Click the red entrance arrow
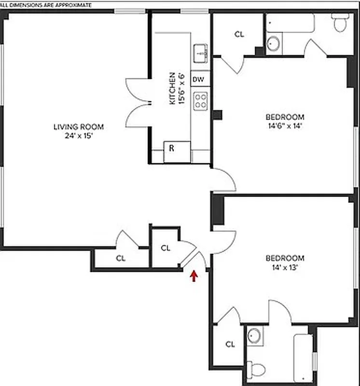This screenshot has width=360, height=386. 194,276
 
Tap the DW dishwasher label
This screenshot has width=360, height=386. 198,79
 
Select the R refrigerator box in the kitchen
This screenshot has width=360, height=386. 171,148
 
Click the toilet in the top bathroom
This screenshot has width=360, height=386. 341,22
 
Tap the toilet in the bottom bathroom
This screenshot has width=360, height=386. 256,370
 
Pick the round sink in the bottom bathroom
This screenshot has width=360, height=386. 254,334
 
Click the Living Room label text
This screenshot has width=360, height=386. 78,127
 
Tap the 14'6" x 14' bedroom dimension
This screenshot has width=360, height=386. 285,125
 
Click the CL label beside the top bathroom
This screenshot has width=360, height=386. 239,34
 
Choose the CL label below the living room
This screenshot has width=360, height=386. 120,258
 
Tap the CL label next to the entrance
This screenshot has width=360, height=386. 166,248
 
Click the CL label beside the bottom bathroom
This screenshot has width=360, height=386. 230,344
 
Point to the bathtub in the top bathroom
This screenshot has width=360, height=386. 290,23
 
